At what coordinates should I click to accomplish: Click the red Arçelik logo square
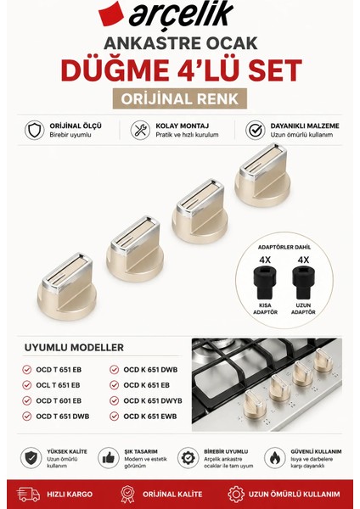click(111, 14)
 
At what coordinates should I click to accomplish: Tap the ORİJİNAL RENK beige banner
click(180, 98)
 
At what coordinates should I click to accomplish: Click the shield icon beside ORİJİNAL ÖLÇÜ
click(35, 130)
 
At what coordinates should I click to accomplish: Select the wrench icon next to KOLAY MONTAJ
click(140, 130)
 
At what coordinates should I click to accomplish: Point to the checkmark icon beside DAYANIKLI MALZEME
click(256, 130)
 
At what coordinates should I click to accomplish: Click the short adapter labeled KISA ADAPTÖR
click(265, 282)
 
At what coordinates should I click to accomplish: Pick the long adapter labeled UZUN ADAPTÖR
click(303, 282)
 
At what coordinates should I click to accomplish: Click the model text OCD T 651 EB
click(59, 370)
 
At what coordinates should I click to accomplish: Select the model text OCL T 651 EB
click(58, 385)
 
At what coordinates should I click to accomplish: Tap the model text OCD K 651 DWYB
click(153, 401)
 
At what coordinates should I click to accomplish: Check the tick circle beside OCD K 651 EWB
click(114, 417)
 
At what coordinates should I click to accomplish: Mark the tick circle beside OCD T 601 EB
click(27, 400)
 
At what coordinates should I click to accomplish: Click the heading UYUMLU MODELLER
click(74, 347)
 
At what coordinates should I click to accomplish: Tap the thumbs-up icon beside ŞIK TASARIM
click(109, 458)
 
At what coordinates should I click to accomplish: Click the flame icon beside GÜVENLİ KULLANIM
click(274, 458)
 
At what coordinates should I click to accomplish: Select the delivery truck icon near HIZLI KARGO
click(28, 495)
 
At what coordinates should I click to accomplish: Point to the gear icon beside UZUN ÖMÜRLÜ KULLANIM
click(236, 495)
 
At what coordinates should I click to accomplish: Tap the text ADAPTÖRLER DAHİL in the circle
click(284, 247)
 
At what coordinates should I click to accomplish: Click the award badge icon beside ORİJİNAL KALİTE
click(127, 495)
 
